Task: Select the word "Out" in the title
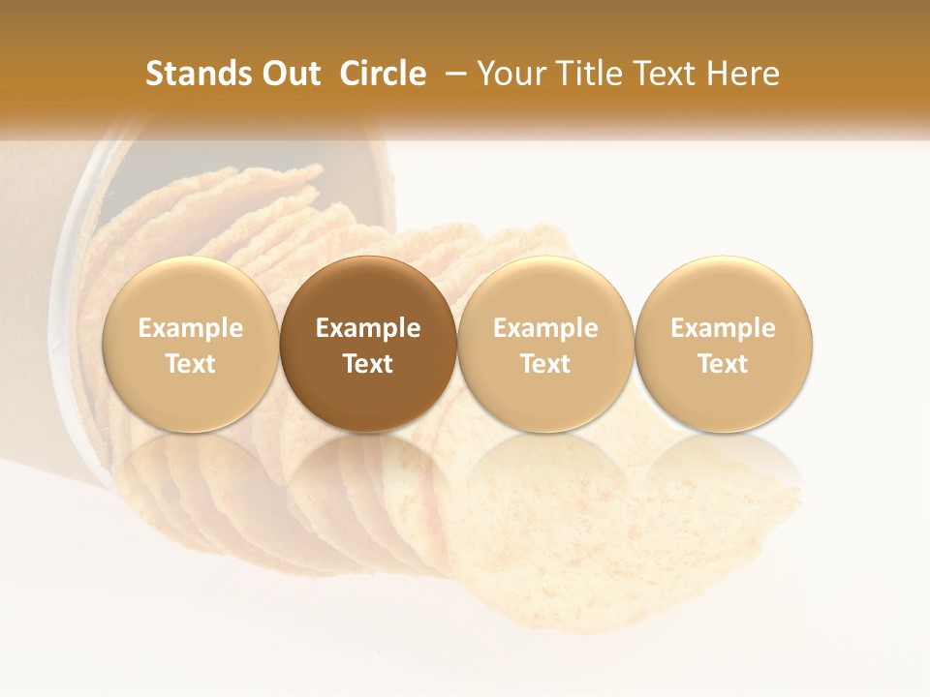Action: (x=289, y=74)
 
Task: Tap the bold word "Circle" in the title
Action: (x=383, y=74)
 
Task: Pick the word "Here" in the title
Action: (x=745, y=74)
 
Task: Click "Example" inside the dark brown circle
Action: (x=368, y=328)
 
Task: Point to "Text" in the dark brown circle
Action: (x=368, y=364)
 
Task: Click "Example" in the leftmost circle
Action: (x=191, y=328)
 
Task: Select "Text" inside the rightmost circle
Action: (x=724, y=364)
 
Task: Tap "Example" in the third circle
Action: (x=545, y=328)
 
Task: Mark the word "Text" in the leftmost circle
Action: (x=191, y=364)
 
